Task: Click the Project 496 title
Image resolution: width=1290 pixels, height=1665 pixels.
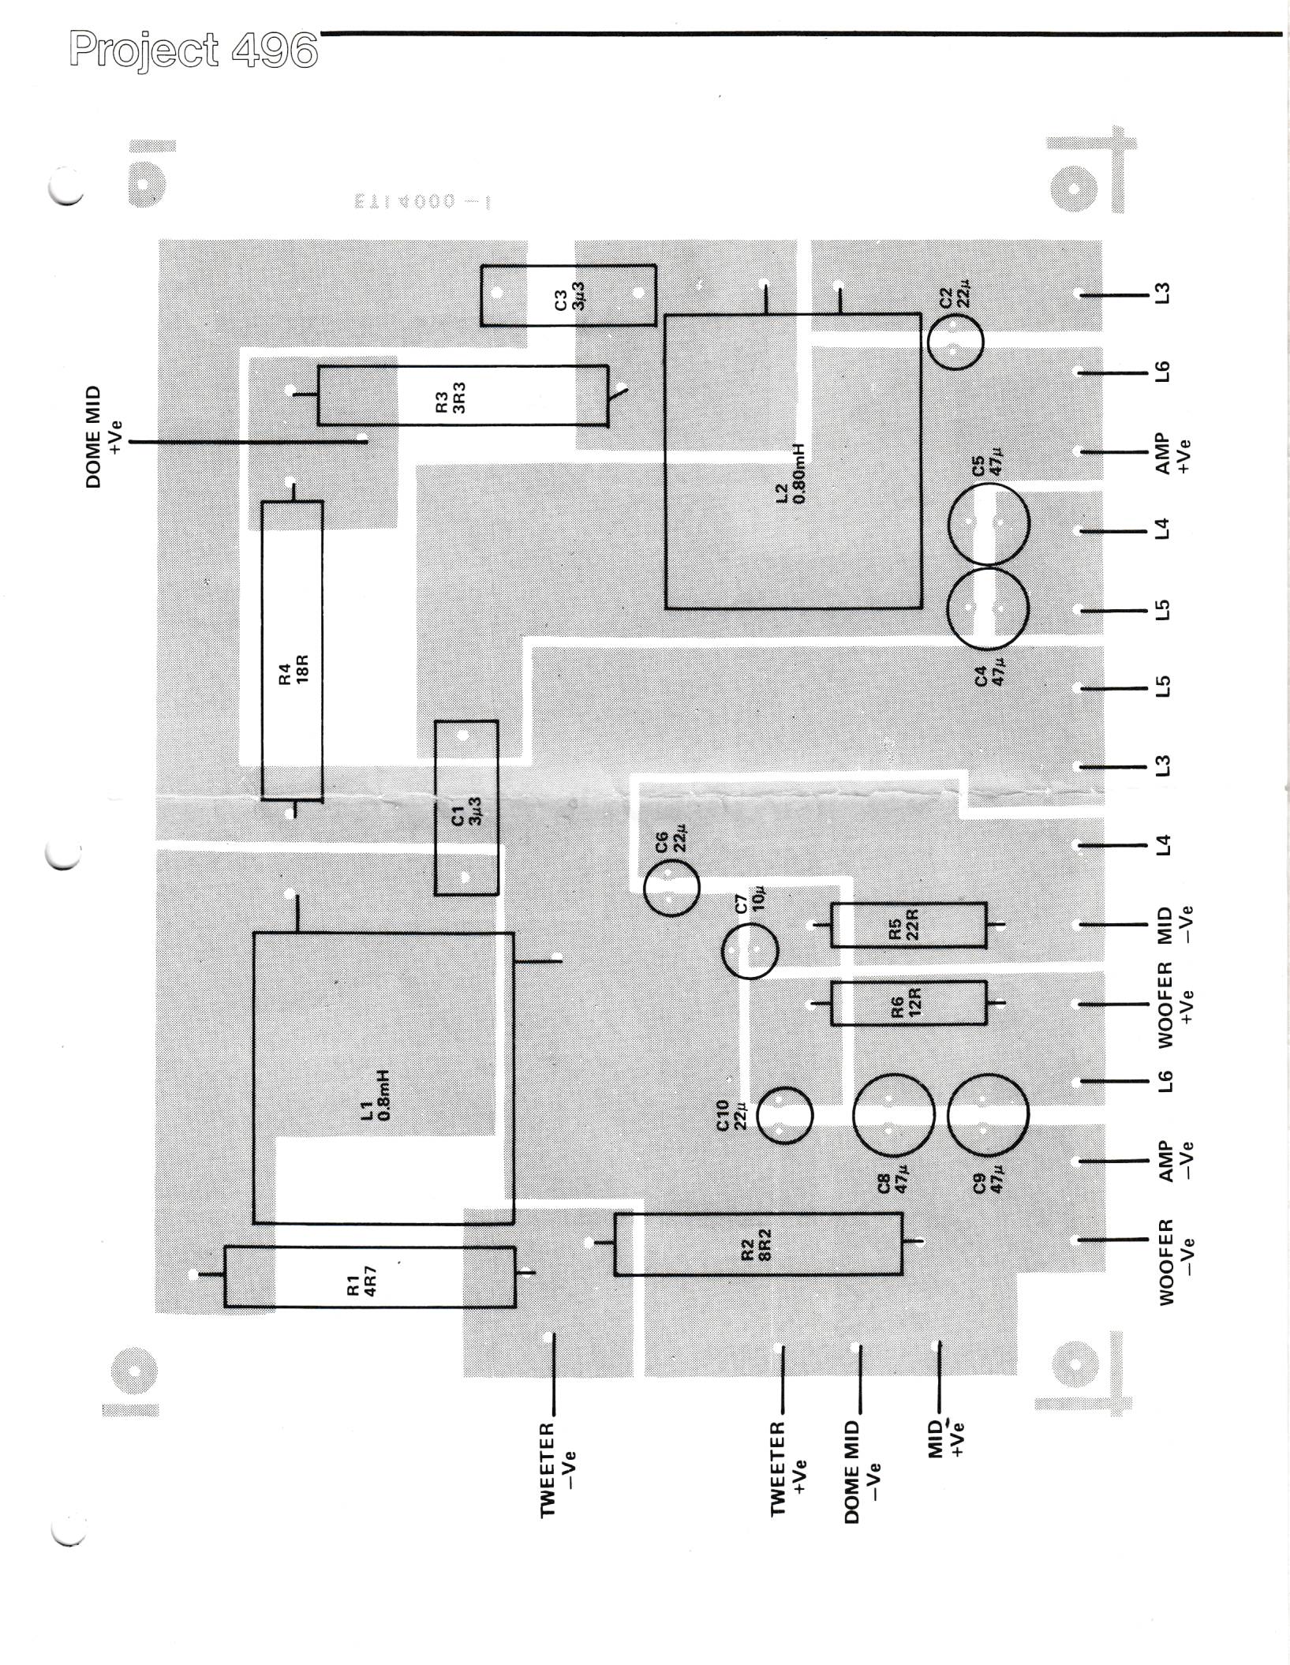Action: (193, 50)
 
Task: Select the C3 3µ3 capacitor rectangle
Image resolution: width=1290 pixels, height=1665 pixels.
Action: (568, 295)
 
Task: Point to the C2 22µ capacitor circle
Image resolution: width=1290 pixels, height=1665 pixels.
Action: (955, 342)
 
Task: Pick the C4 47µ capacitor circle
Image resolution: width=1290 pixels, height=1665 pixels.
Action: (986, 609)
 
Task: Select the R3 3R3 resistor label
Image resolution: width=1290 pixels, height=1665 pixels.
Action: (451, 397)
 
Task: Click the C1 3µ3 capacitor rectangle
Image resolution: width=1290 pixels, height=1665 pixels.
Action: (466, 807)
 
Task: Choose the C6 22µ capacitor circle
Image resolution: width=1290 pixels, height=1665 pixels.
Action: (671, 888)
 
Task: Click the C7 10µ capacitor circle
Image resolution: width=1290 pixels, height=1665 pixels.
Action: (749, 951)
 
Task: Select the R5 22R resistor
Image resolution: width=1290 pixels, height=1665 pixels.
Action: (908, 924)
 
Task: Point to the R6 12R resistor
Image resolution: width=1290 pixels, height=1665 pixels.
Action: (908, 1003)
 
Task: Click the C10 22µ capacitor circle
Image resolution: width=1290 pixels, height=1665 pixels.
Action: (783, 1115)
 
